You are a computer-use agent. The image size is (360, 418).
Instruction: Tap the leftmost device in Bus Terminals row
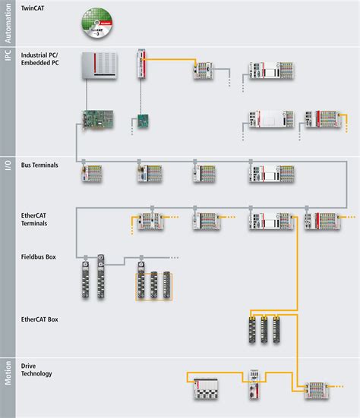[92, 174]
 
